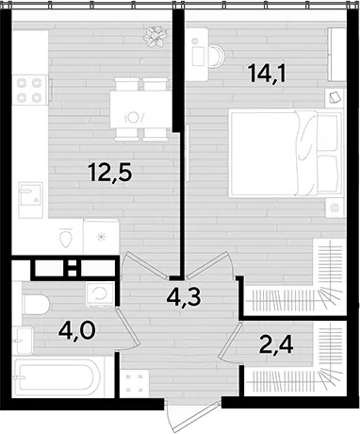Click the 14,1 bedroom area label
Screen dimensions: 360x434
(267, 74)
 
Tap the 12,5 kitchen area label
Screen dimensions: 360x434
(109, 173)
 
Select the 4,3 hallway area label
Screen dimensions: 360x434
(184, 297)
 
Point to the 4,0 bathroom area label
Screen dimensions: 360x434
(76, 331)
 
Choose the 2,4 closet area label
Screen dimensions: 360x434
(276, 344)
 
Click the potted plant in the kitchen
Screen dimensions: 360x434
(155, 37)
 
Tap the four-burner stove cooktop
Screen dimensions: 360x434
(30, 90)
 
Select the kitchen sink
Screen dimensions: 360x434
(30, 200)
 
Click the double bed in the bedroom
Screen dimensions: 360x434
(286, 153)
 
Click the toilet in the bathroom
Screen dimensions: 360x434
(37, 305)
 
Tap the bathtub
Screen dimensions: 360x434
(57, 377)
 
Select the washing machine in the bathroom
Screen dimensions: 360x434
(100, 295)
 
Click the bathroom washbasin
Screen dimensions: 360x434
(24, 340)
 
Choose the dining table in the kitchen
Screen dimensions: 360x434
(140, 109)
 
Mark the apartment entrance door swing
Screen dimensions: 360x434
(193, 417)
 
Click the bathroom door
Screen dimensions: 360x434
(127, 327)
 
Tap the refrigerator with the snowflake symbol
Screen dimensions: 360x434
(101, 237)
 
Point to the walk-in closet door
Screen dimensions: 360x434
(230, 340)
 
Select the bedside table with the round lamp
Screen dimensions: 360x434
(335, 208)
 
